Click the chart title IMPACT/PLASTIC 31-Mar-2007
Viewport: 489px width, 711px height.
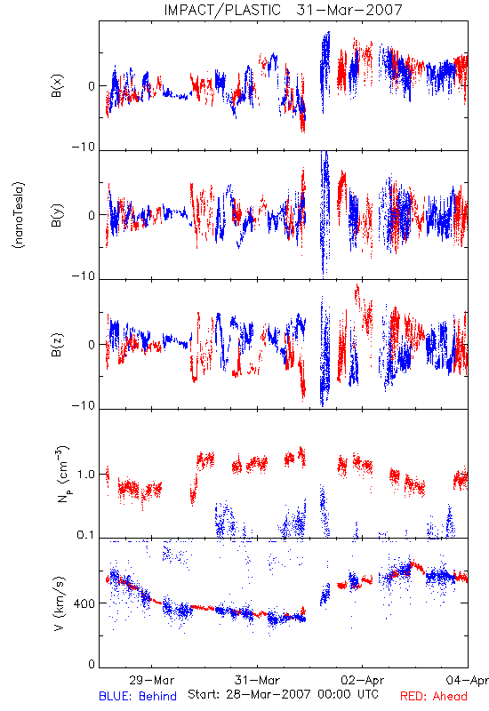coord(283,10)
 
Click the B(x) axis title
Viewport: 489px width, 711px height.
coord(57,85)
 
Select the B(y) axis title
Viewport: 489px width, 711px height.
coord(57,215)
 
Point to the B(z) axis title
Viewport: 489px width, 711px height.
coord(57,345)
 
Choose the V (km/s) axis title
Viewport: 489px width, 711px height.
coord(59,603)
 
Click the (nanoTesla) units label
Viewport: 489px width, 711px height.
coord(19,215)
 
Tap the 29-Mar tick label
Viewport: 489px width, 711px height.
coord(151,680)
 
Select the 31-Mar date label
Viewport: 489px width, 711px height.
coord(257,680)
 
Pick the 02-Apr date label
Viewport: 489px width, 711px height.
coord(363,680)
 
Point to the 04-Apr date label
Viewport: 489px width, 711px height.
coord(468,680)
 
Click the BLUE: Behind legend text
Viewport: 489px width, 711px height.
coord(138,696)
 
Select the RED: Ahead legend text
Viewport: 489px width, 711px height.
coord(434,696)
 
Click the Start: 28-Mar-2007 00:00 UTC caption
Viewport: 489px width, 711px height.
coord(283,694)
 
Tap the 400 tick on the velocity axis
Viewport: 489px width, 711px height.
coord(84,603)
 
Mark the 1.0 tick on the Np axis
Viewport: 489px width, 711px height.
coord(86,475)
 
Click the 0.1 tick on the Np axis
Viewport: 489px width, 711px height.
coord(86,535)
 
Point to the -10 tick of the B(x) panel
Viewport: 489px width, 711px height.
coord(84,147)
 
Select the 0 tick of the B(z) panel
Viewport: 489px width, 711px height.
coord(92,345)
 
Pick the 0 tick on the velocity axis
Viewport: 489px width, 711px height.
coord(92,665)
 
